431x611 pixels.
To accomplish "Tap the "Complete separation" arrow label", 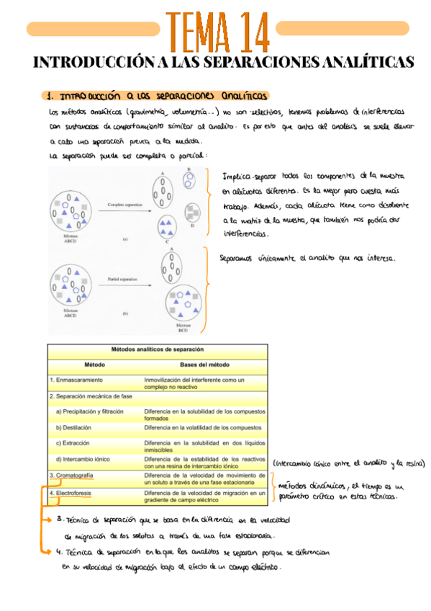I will tap(119, 205).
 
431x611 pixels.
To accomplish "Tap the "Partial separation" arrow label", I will tap(119, 277).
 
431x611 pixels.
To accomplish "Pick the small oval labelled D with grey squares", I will tap(193, 212).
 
